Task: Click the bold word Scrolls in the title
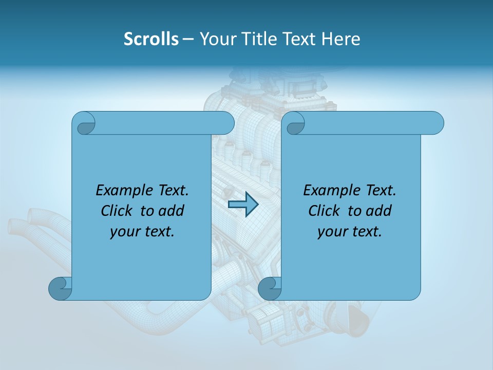(x=151, y=39)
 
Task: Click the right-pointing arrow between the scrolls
(x=243, y=205)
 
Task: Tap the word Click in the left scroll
(x=118, y=211)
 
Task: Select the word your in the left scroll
(x=125, y=232)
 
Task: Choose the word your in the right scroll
(x=332, y=232)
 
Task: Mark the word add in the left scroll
(x=172, y=211)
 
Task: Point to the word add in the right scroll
(x=379, y=211)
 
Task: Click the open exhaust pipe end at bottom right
(x=361, y=322)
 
